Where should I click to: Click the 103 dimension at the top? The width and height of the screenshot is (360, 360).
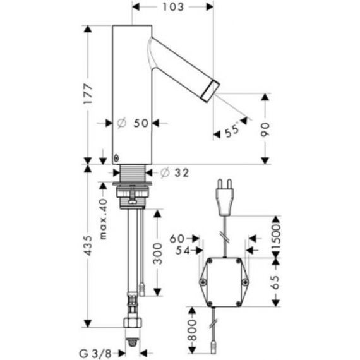coord(173,7)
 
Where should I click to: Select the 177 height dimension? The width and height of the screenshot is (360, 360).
coord(88,93)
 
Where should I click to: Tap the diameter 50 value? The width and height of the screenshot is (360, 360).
coord(133,123)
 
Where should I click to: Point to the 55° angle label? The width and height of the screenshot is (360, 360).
coord(232,130)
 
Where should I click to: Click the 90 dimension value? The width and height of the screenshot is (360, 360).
coord(265,129)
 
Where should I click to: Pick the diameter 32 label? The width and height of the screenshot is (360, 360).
coord(174,172)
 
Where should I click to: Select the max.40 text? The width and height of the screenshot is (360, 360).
coord(104,219)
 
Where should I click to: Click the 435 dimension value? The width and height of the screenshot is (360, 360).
coord(88,245)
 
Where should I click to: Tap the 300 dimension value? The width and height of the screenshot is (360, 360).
coord(157,253)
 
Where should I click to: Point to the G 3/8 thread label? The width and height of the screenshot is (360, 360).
coord(95,353)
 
